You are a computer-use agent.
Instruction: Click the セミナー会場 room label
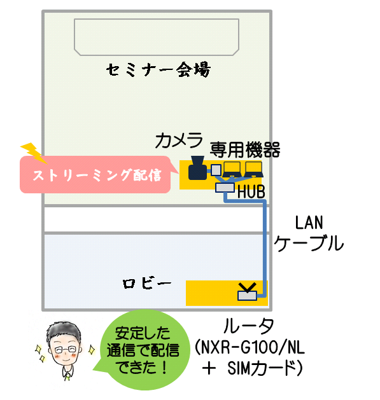point(158,69)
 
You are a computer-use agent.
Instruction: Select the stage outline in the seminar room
point(157,19)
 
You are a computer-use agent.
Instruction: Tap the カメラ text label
point(178,141)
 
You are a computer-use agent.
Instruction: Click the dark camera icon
point(197,168)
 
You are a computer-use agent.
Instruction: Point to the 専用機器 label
point(245,150)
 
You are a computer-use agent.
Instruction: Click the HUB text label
point(251,192)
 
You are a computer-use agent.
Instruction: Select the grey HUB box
point(225,188)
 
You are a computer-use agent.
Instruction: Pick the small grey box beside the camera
point(216,170)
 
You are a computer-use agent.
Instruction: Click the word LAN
point(309,223)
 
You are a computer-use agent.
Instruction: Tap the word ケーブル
point(309,243)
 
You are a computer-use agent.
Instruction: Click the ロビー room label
point(147,284)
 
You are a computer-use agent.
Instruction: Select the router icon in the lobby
point(247,292)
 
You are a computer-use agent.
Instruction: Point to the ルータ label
point(248,326)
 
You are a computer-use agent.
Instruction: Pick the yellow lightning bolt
point(34,153)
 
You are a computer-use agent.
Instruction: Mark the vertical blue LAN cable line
point(265,249)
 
